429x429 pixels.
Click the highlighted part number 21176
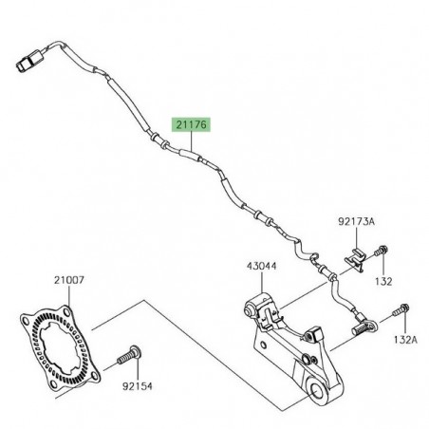[191, 124]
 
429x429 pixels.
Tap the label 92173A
[356, 221]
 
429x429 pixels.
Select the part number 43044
[262, 266]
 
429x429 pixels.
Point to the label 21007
[69, 280]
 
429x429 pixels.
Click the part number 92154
[138, 386]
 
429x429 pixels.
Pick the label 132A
[405, 340]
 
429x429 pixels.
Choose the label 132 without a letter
[383, 281]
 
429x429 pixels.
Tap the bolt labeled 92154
[129, 355]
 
